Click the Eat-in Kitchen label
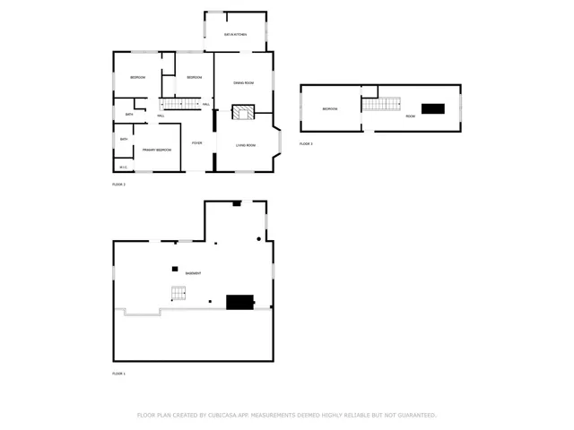coord(235,34)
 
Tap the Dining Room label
coord(244,82)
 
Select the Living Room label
coord(246,145)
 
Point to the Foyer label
coord(196,142)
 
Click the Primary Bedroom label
coord(157,150)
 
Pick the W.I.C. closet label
coord(124,166)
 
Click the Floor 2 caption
coord(118,184)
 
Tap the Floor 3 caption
coord(306,143)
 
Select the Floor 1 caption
coord(118,373)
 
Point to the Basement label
coord(193,272)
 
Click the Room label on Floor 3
coord(410,116)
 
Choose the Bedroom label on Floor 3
coord(330,109)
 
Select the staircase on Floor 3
coord(381,105)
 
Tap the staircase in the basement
coord(178,292)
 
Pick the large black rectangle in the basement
coord(239,303)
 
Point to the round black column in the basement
coord(259,239)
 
